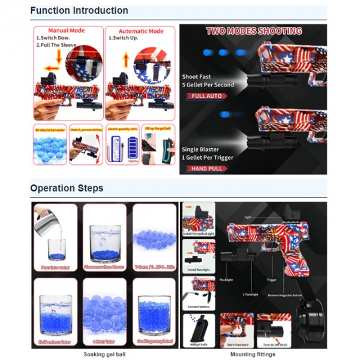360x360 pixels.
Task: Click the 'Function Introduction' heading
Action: [x=79, y=10]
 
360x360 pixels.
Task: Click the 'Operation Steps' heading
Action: [x=67, y=188]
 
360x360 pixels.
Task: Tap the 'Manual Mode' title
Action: [x=67, y=31]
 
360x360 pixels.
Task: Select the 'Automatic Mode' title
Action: [x=140, y=31]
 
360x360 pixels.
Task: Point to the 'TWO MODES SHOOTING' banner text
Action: [x=254, y=31]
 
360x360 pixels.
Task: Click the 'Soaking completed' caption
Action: [x=154, y=342]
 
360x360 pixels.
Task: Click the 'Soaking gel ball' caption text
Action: [x=104, y=355]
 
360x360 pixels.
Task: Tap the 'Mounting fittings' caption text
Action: [x=253, y=355]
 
